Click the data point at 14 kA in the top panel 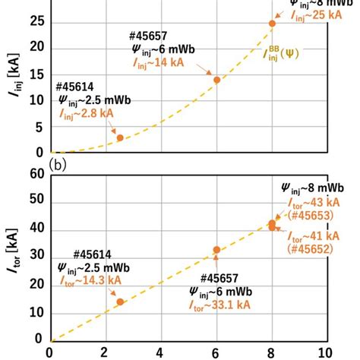coord(216,80)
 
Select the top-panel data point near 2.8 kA coord(120,137)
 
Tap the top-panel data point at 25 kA coord(272,24)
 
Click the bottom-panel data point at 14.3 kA coord(120,302)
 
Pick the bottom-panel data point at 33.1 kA coord(216,249)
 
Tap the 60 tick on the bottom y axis coord(34,174)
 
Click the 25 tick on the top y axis coord(34,24)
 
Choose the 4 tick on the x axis coord(160,352)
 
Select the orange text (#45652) coord(311,248)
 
